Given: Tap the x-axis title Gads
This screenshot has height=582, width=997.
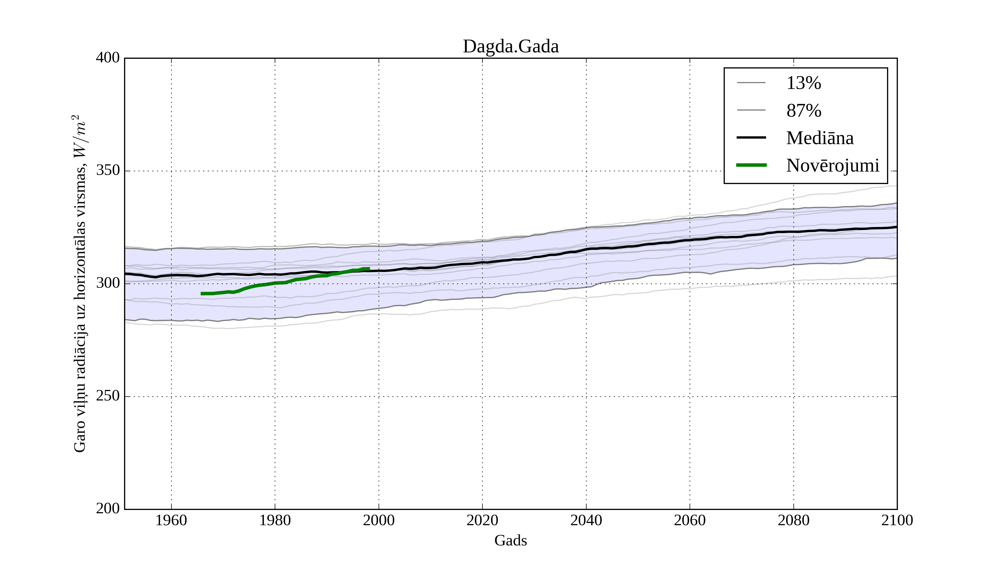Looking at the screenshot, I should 510,540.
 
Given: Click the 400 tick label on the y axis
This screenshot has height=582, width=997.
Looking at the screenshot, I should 108,58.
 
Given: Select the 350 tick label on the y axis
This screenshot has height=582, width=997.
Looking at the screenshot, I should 108,171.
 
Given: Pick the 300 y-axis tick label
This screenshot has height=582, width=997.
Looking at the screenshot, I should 108,284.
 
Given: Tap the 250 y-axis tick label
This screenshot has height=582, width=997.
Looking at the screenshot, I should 108,396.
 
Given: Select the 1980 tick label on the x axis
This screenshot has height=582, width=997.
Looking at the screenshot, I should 275,520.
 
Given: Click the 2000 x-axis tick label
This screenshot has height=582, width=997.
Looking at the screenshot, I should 379,520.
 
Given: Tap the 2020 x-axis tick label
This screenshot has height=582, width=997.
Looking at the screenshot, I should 482,520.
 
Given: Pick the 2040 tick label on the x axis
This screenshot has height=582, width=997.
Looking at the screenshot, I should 586,520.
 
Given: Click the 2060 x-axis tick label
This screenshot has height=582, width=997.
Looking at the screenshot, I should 690,520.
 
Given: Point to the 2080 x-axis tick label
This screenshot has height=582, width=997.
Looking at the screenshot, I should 793,520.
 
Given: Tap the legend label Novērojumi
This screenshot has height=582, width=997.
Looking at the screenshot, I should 832,165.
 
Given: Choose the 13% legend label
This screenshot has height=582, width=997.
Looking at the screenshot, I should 803,83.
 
